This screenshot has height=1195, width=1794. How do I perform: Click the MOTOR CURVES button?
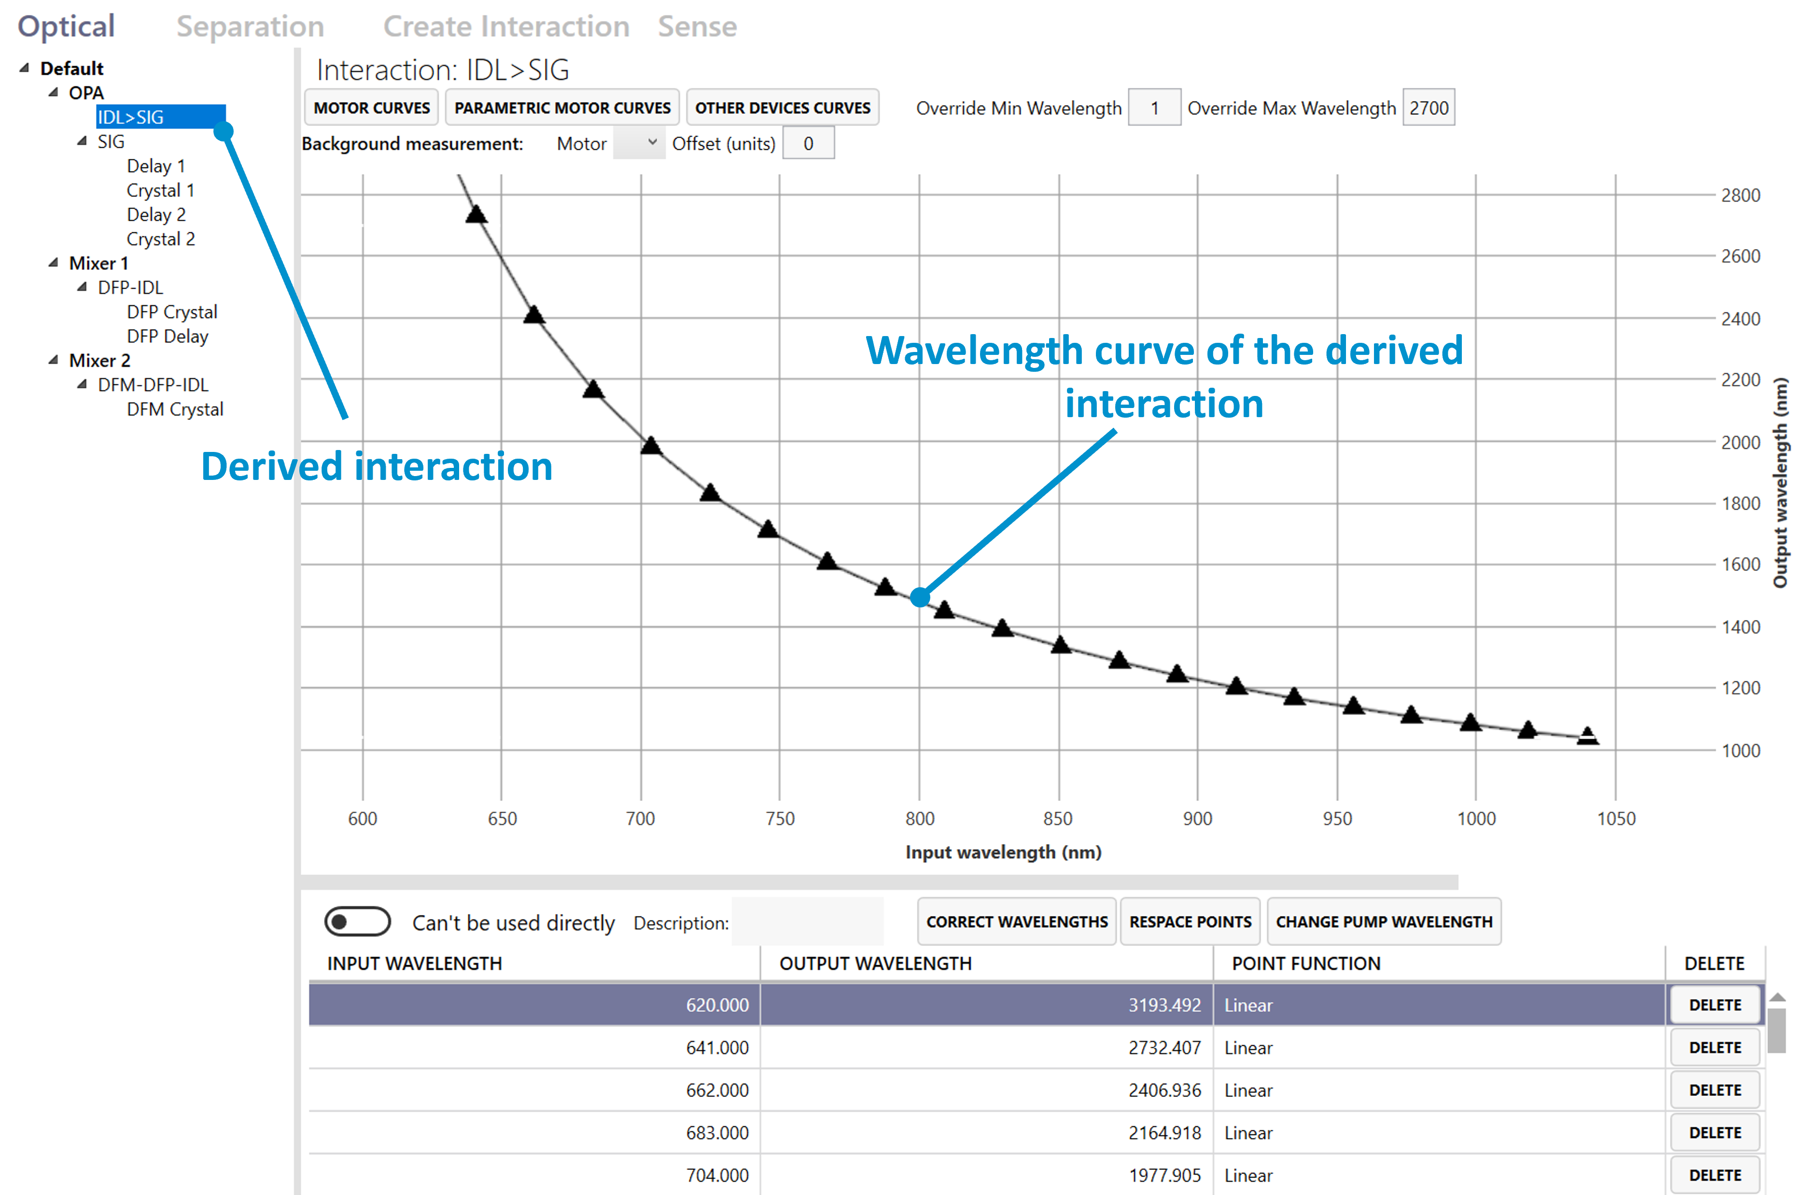[371, 108]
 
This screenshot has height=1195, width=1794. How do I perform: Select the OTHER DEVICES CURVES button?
[782, 108]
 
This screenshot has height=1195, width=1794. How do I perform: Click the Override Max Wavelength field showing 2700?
[1428, 108]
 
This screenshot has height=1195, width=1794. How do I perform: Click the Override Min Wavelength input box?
[1154, 108]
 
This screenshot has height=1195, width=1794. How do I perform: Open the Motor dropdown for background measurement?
[639, 143]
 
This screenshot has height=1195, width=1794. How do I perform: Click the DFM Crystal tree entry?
[174, 409]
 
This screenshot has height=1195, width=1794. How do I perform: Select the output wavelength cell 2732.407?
[1164, 1048]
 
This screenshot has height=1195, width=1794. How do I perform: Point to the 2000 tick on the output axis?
[1740, 443]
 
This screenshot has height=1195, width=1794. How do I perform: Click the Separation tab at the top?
[250, 27]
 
